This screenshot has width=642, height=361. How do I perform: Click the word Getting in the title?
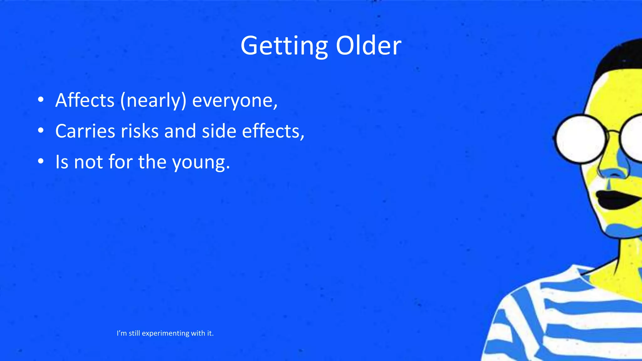[x=284, y=46]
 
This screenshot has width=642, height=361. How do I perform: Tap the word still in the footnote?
[x=134, y=333]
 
